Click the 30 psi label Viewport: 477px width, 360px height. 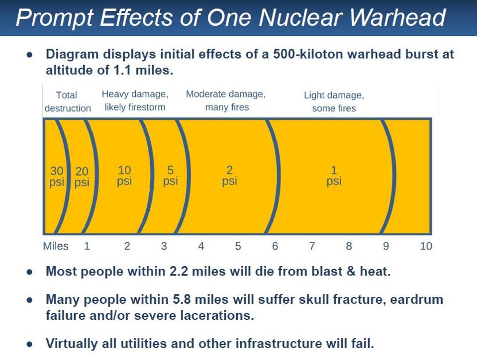(x=57, y=177)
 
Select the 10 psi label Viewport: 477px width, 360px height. (x=124, y=176)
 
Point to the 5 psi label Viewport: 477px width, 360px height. (x=170, y=176)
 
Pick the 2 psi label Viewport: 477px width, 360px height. (x=229, y=176)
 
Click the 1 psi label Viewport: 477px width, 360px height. (x=334, y=176)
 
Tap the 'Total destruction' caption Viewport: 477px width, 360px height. (x=68, y=101)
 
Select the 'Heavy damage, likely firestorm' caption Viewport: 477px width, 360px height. (x=135, y=100)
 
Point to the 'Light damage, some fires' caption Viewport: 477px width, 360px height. (x=334, y=101)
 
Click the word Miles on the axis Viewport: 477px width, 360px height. (x=56, y=246)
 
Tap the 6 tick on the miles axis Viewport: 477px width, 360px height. (x=275, y=246)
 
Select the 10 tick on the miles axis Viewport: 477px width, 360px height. (x=426, y=246)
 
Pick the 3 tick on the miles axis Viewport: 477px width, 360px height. (x=164, y=246)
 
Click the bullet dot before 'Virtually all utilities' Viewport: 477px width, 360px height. (x=30, y=344)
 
